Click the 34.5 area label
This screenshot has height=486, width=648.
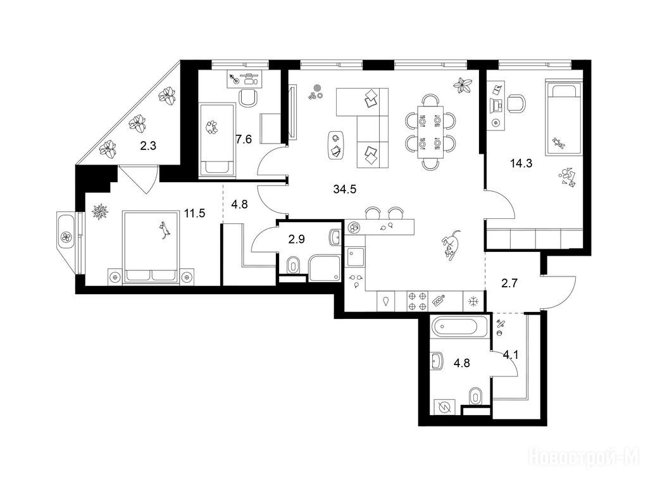[x=344, y=189]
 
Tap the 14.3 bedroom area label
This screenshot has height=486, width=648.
[x=521, y=163]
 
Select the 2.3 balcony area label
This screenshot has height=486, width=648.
[x=148, y=146]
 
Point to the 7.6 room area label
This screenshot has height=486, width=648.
[x=244, y=139]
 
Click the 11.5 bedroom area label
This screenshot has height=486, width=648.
[x=195, y=213]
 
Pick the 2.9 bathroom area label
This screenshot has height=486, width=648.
[x=296, y=239]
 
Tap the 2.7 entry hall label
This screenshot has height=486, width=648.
[x=509, y=283]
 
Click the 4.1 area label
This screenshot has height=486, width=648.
[x=511, y=354]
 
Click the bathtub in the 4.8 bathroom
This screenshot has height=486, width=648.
[x=454, y=327]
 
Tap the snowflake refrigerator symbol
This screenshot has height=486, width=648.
[x=473, y=302]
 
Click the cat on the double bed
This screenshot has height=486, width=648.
[x=165, y=230]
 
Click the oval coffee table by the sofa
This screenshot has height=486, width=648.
[x=336, y=145]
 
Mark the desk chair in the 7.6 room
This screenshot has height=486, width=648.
[x=248, y=98]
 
